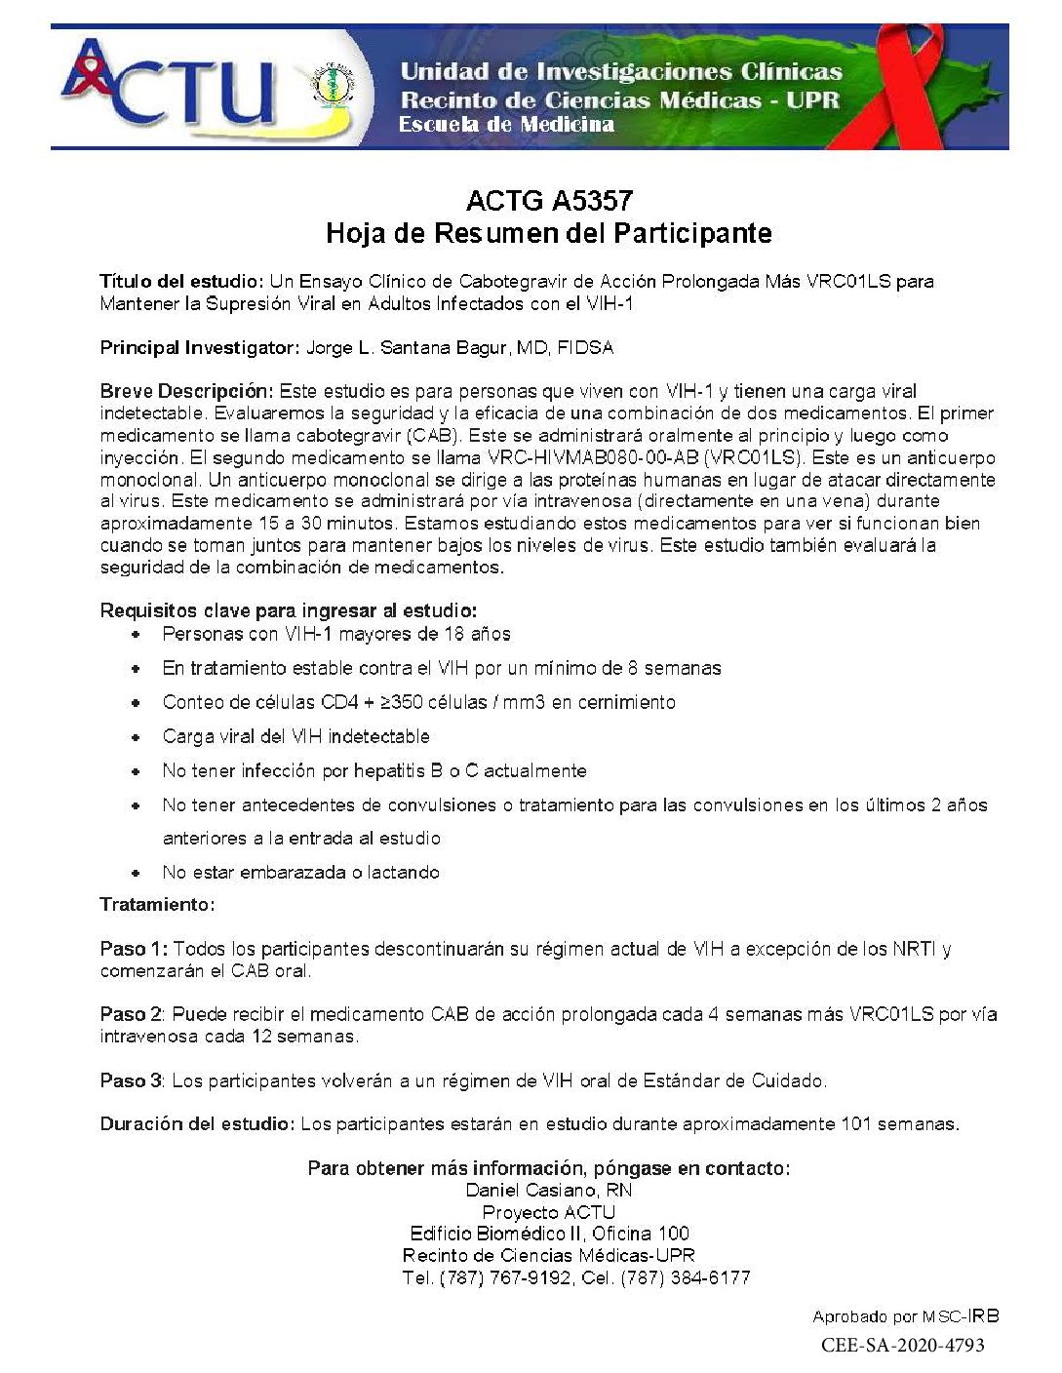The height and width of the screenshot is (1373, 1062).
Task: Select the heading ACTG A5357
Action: click(x=549, y=201)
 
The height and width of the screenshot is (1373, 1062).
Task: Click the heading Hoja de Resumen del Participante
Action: click(x=548, y=233)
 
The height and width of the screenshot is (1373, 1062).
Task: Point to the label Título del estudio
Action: click(x=181, y=281)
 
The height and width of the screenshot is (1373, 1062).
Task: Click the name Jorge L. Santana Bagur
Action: click(x=417, y=347)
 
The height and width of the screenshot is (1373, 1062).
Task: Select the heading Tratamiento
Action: click(x=157, y=904)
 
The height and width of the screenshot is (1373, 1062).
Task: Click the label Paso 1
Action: click(x=134, y=948)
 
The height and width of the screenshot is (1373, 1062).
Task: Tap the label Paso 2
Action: click(x=132, y=1014)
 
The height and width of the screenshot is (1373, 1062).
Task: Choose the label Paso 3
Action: click(x=132, y=1080)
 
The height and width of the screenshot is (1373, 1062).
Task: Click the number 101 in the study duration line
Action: click(x=856, y=1123)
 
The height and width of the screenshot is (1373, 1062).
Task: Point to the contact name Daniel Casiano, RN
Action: click(x=548, y=1190)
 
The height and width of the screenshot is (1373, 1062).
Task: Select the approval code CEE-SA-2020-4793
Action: click(x=902, y=1345)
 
